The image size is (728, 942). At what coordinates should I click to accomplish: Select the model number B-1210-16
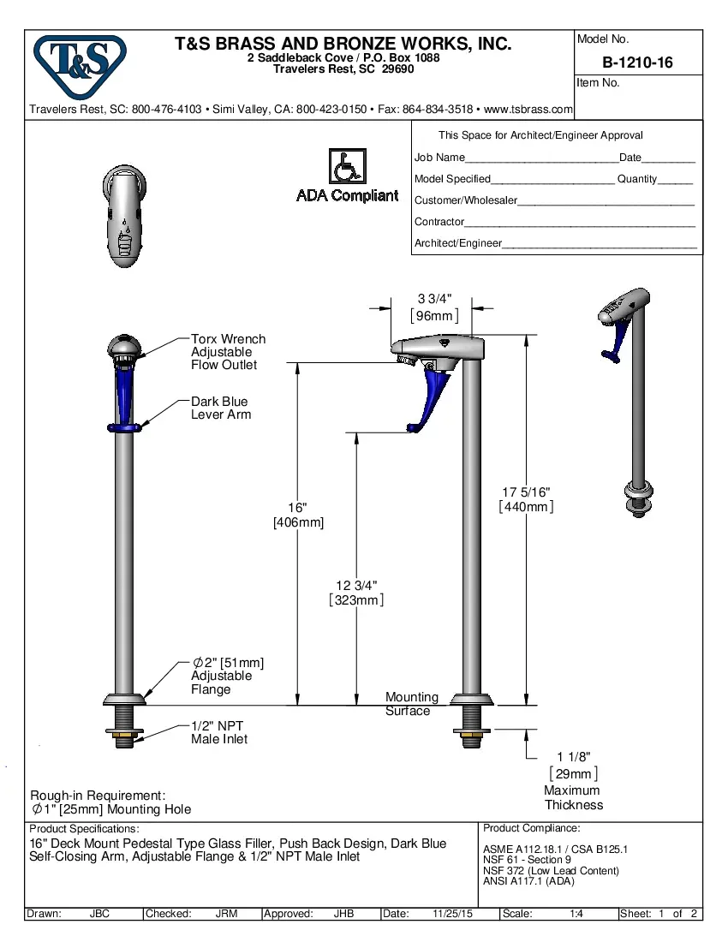point(637,63)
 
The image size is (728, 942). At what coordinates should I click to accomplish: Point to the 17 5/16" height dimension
point(526,492)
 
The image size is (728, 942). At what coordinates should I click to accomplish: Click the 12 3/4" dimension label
point(356,586)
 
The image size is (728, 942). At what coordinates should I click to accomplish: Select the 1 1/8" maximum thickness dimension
point(573,757)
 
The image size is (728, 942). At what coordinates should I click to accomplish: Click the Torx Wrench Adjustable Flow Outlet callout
point(228,352)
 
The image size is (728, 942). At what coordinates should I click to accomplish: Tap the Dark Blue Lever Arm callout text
point(221,408)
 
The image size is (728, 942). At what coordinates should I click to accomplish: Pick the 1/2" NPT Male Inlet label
point(219,732)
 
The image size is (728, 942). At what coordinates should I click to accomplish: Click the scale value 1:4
point(576,914)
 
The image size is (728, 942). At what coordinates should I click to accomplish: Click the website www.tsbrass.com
point(528,110)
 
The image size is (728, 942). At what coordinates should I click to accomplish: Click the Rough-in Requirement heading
point(98,796)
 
